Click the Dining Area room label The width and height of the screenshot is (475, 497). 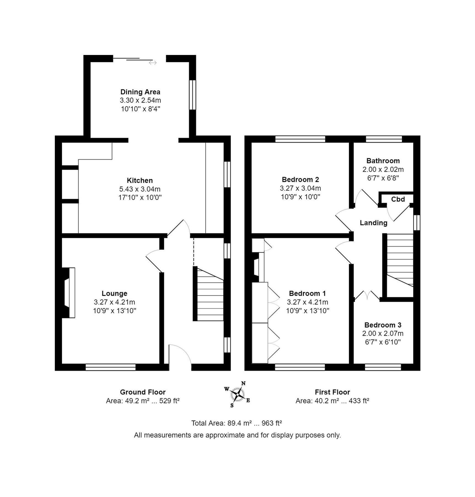(140, 92)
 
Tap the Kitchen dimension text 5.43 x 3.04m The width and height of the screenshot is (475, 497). (140, 189)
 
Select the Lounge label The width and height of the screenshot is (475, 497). (114, 293)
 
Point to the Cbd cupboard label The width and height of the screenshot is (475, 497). (398, 199)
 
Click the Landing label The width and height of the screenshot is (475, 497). (374, 223)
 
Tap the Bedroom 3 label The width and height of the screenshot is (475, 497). (383, 325)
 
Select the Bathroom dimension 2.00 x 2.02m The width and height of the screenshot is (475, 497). (383, 169)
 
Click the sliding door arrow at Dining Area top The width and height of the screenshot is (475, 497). (153, 63)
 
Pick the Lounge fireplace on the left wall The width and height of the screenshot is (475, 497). (68, 293)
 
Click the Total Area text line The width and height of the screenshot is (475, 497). (237, 423)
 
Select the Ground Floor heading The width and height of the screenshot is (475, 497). (143, 392)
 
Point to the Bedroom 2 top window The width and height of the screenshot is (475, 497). (300, 139)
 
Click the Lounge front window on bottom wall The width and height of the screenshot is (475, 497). (111, 367)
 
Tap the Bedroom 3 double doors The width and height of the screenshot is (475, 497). (367, 295)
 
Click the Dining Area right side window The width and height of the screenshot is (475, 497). (192, 95)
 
